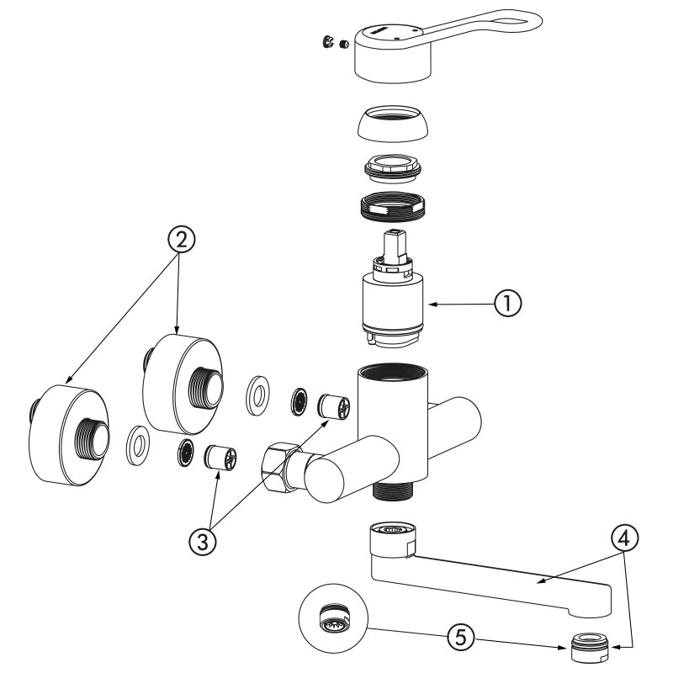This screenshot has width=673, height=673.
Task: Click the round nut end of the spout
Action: (x=389, y=536)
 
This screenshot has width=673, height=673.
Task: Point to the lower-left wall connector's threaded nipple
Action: (x=95, y=439)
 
